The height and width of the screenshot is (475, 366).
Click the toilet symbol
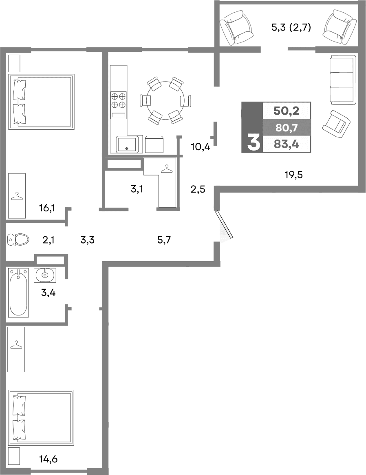click(18, 240)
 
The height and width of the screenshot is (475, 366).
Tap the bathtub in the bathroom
click(19, 292)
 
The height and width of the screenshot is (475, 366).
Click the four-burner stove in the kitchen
click(119, 100)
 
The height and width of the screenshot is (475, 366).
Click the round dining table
click(165, 100)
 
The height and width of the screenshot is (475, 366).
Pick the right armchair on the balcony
click(337, 27)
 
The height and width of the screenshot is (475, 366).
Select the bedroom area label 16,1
click(47, 209)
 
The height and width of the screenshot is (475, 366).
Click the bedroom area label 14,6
click(48, 459)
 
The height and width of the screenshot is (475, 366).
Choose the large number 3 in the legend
click(253, 143)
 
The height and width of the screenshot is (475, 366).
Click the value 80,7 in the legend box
click(287, 128)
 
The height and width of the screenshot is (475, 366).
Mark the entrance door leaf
click(225, 224)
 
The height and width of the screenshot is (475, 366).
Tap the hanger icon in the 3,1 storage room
click(166, 168)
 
